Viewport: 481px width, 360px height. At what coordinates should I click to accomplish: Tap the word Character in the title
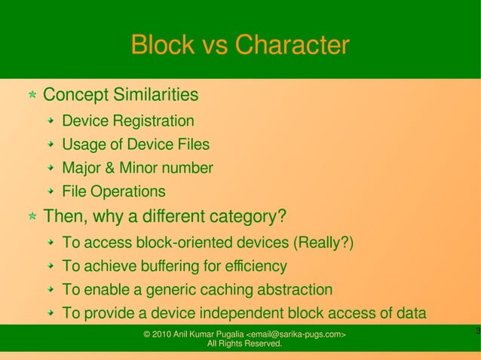tap(293, 45)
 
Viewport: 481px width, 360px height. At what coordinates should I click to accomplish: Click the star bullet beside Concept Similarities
tap(32, 96)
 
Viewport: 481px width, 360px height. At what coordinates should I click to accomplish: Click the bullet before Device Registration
tap(50, 121)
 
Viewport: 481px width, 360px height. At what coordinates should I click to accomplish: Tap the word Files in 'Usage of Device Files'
tap(193, 145)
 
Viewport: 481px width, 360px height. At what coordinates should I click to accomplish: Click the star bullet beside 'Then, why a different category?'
tap(32, 218)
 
